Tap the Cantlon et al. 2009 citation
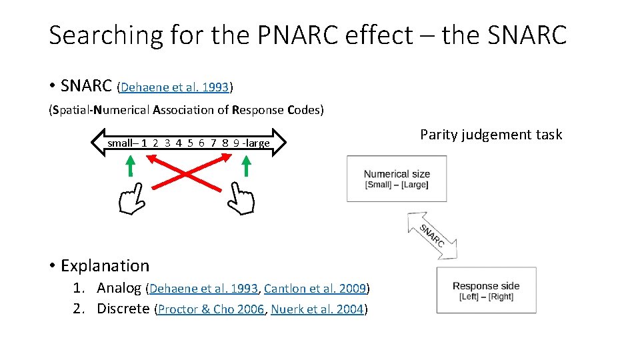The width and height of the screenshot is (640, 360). click(315, 289)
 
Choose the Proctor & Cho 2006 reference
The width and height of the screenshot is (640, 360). click(211, 309)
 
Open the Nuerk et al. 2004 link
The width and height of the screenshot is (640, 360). click(317, 309)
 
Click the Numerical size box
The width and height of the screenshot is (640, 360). click(397, 179)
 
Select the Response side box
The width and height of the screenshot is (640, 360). click(486, 290)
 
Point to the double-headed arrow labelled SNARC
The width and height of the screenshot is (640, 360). click(432, 235)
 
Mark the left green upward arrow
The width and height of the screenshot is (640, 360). click(131, 165)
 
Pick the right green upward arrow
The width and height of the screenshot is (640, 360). click(246, 165)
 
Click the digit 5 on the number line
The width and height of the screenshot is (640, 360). click(191, 143)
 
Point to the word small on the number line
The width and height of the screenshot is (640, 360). click(120, 143)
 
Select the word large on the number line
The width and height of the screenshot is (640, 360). click(257, 143)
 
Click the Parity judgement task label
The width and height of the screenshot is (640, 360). click(491, 135)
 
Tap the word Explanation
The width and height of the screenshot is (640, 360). click(105, 265)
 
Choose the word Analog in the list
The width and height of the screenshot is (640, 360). click(119, 288)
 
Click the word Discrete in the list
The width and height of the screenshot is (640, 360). click(123, 308)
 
